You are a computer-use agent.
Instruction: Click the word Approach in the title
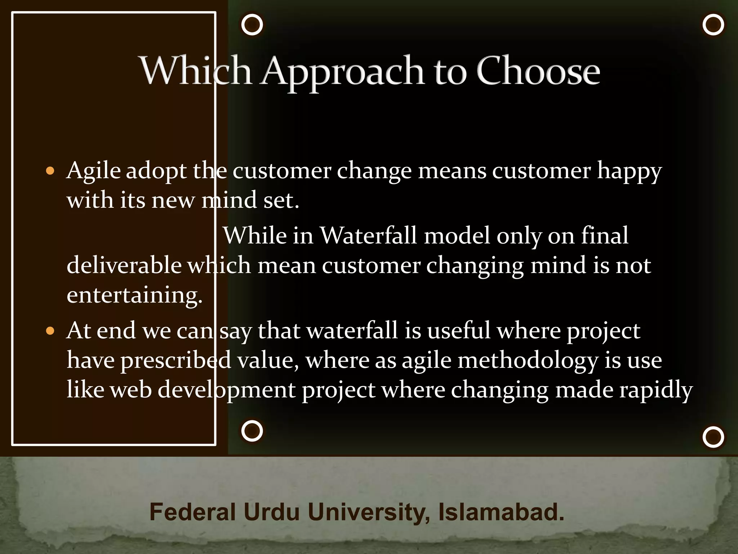point(342,71)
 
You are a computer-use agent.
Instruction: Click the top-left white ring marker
point(252,25)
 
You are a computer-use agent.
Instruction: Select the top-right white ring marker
point(713,25)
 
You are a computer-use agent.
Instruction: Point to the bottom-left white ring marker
point(252,431)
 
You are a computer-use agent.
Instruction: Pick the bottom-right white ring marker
point(713,437)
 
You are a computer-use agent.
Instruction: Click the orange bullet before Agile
point(50,171)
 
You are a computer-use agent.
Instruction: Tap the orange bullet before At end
point(50,331)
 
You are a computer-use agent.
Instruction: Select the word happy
point(629,171)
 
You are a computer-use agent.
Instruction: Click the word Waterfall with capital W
point(368,236)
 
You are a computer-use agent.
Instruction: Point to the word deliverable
point(124,265)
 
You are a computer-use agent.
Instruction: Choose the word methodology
point(528,361)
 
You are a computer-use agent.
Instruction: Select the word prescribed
point(175,361)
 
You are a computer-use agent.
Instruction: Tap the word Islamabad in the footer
point(501,512)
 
